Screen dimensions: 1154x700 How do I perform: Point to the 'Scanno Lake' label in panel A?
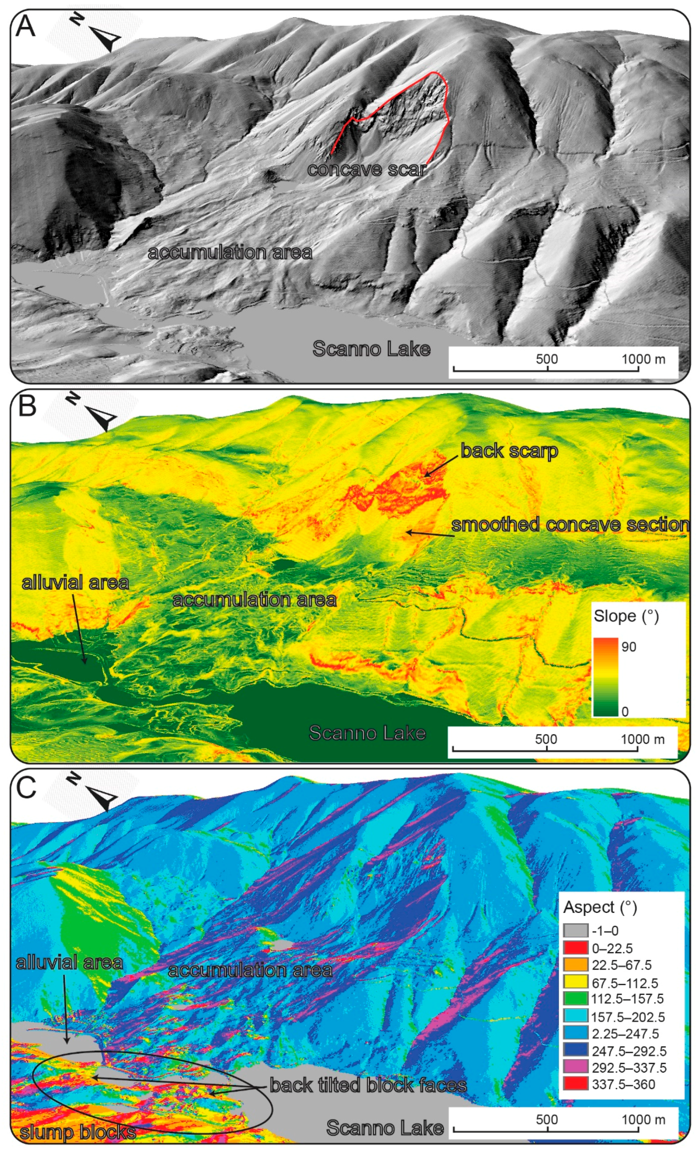click(x=371, y=349)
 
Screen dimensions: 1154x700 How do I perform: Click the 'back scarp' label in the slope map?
click(x=509, y=451)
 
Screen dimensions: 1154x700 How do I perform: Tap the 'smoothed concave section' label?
click(x=570, y=524)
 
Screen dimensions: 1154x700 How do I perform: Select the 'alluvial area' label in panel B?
click(x=75, y=583)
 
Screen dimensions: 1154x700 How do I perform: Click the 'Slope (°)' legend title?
click(x=626, y=616)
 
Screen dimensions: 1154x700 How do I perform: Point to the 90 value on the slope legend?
click(x=629, y=647)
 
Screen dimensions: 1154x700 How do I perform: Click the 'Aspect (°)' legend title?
click(x=600, y=907)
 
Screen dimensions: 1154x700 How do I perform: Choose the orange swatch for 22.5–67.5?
click(x=575, y=964)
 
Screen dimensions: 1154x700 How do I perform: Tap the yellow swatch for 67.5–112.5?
click(x=575, y=982)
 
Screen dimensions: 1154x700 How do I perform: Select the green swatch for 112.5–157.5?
click(x=575, y=999)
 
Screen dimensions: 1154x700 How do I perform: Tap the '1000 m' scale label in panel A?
click(x=643, y=359)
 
